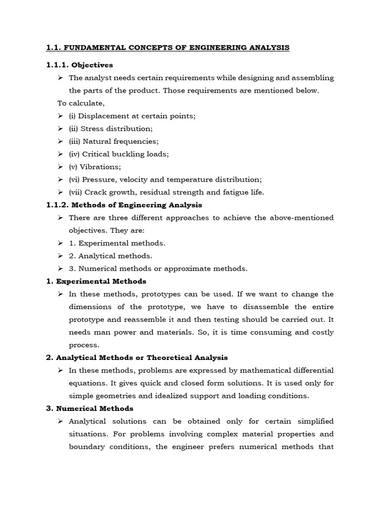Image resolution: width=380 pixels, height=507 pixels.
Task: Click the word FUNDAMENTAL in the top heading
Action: pos(94,48)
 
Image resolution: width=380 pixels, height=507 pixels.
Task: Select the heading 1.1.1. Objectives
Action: pos(80,65)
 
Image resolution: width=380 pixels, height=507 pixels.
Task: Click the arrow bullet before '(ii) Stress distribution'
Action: pos(60,128)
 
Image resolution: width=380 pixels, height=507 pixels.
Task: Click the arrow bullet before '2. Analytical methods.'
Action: pos(60,256)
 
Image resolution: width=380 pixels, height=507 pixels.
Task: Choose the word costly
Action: pos(322,332)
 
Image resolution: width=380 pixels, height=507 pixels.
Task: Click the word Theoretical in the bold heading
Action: pos(172,357)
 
